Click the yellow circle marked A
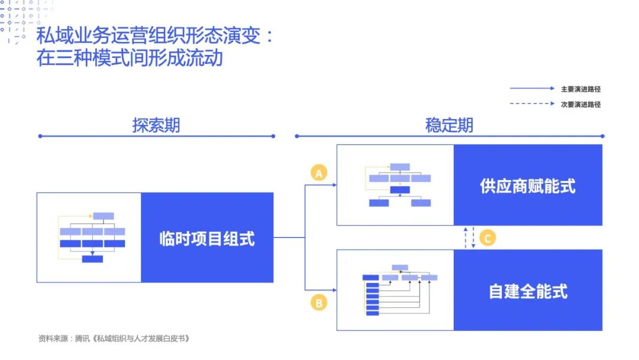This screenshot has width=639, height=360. point(319,173)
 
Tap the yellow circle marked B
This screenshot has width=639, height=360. point(319,303)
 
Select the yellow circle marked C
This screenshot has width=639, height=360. point(488,237)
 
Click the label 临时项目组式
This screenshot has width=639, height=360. point(207,238)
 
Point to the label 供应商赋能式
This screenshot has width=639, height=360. point(528,186)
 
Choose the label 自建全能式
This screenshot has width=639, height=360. point(528,291)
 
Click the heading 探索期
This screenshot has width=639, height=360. point(156,126)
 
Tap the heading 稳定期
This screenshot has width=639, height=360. point(449,126)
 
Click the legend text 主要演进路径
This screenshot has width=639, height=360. point(580,89)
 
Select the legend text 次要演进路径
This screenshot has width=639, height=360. point(580,104)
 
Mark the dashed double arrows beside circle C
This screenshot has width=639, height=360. point(469,237)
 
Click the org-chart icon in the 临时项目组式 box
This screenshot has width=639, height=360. point(92,237)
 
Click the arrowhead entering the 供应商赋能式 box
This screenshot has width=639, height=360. point(334,185)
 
